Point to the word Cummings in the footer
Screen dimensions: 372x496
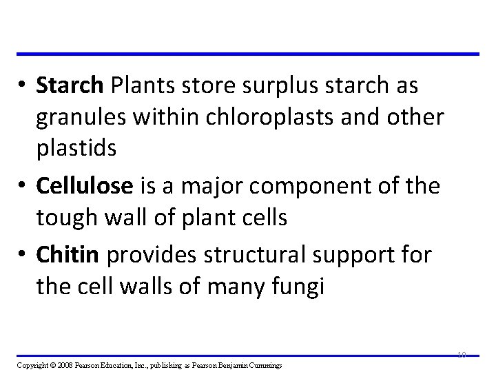click(x=272, y=364)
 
